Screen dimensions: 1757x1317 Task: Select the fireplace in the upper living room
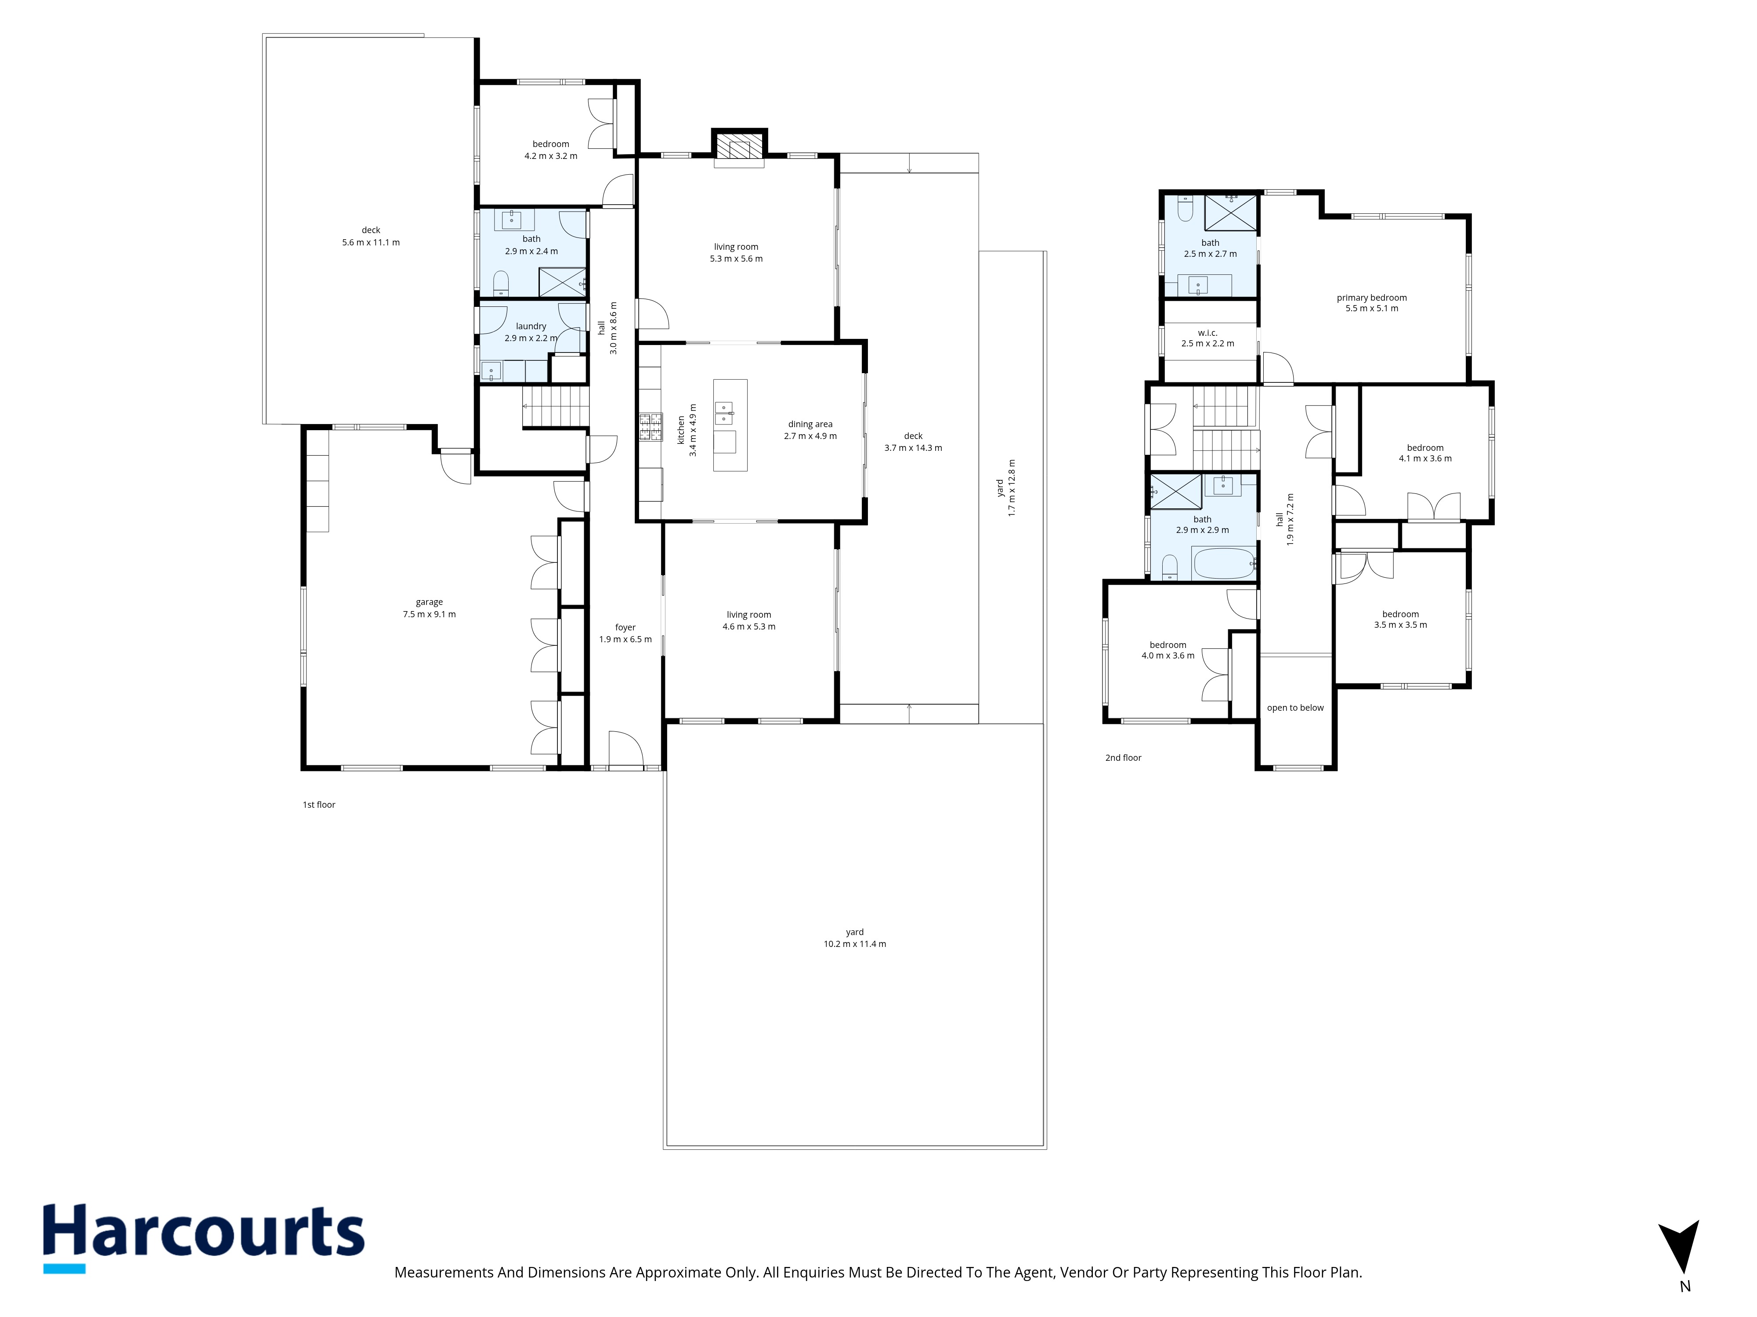pyautogui.click(x=739, y=148)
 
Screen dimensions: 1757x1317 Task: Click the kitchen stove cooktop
pyautogui.click(x=650, y=427)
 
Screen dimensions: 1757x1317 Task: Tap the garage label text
pyautogui.click(x=429, y=602)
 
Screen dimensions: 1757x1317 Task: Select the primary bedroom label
pyautogui.click(x=1372, y=298)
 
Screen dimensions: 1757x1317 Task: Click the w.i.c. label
pyautogui.click(x=1207, y=333)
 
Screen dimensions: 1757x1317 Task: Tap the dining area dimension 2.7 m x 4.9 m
pyautogui.click(x=810, y=436)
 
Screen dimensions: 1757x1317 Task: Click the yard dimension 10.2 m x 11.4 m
pyautogui.click(x=855, y=944)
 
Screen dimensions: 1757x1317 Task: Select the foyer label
pyautogui.click(x=625, y=627)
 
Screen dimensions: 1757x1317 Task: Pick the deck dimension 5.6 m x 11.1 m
pyautogui.click(x=371, y=242)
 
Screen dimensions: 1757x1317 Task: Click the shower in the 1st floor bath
pyautogui.click(x=562, y=282)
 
